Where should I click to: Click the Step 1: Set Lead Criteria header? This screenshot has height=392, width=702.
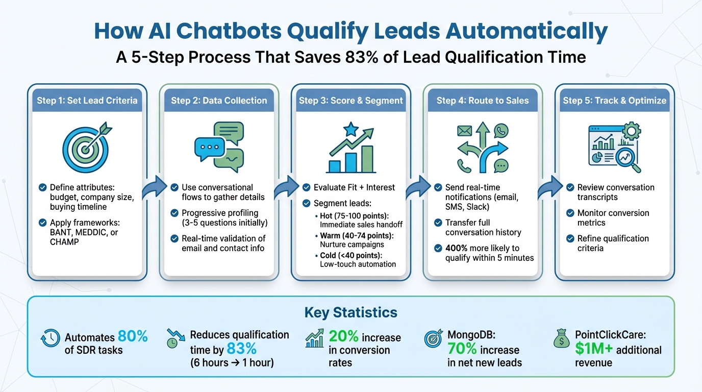87,100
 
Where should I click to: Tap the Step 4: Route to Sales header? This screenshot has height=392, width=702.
482,100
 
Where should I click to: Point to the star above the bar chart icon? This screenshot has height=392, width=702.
350,130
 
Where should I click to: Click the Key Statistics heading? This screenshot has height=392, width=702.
350,312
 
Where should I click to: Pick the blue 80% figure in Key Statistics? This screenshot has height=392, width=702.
133,336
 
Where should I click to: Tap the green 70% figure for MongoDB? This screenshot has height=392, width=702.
463,350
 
